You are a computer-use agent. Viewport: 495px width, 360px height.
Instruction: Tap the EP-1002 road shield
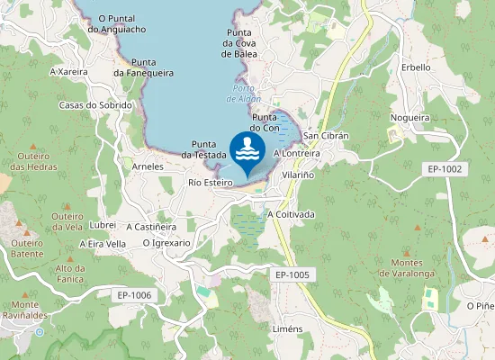445,168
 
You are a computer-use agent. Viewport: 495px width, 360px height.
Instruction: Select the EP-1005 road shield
292,274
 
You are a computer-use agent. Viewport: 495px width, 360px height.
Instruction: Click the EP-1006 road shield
134,294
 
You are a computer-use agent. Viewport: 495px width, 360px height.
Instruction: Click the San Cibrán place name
326,135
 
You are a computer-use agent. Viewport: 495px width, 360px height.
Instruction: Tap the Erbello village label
416,67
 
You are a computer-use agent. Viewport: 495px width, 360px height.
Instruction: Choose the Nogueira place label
409,117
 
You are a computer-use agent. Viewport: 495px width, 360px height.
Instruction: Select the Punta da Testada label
209,149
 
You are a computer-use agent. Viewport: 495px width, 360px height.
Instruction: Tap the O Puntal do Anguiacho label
117,23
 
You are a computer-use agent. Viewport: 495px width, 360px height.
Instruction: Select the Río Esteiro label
211,182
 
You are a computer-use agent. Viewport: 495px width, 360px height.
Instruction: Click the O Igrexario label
166,242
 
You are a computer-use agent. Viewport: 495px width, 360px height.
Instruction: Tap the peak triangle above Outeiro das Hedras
33,145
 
